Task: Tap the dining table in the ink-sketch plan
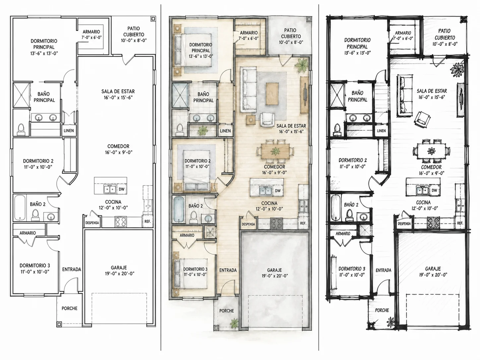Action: click(431, 151)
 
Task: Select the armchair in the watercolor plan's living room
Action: click(267, 119)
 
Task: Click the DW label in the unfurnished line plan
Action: click(121, 189)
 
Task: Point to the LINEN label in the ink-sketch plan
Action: click(381, 131)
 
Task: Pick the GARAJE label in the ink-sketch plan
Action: click(433, 269)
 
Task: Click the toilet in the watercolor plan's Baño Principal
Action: click(180, 129)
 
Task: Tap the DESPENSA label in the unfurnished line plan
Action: click(92, 223)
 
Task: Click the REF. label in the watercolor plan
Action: click(303, 223)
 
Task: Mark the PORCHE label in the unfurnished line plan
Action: click(69, 308)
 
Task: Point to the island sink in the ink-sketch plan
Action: click(422, 190)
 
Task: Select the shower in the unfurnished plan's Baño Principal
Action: click(21, 95)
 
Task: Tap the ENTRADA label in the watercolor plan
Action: click(228, 270)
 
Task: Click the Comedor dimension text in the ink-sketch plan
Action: click(432, 173)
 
